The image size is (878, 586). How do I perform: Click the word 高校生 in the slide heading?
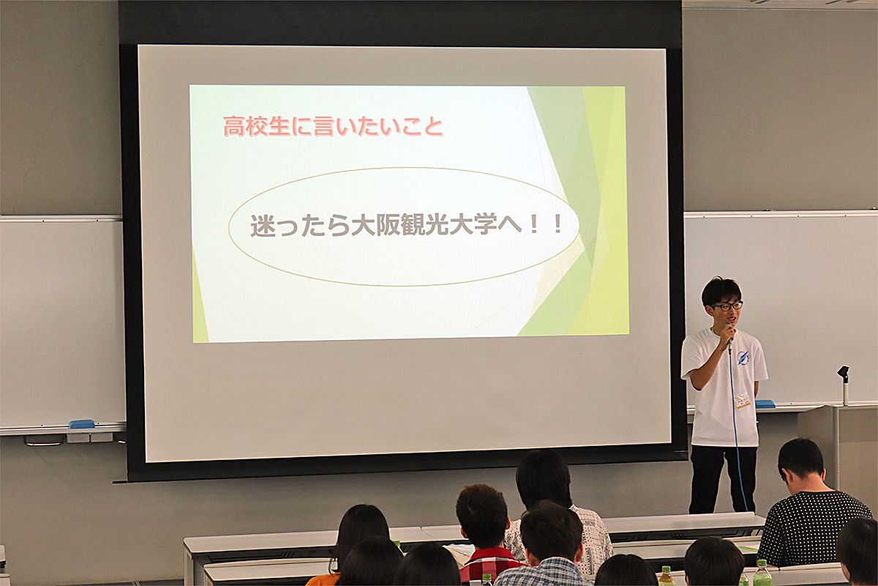point(257,127)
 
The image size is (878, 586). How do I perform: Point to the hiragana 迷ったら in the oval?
point(301,226)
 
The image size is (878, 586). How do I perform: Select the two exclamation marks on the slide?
point(545,225)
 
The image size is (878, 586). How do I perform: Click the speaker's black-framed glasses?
point(728,305)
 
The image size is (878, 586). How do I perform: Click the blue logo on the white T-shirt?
point(743,357)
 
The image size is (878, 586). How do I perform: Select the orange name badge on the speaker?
point(743,400)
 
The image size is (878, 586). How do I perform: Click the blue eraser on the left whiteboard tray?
point(81,424)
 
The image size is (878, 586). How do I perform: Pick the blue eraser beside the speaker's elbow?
point(765,404)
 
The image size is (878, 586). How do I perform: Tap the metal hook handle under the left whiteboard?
point(44,441)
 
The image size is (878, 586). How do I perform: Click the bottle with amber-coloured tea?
point(666,576)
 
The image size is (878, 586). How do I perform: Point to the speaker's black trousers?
point(722,479)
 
